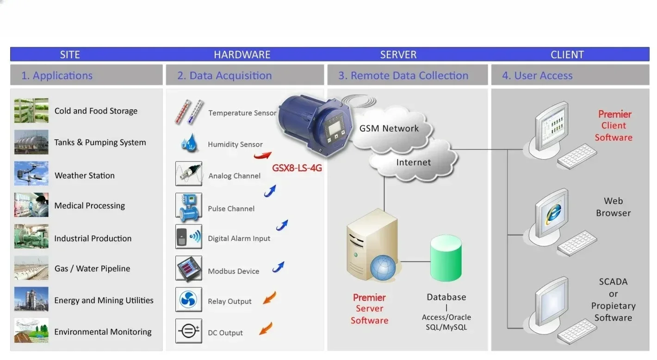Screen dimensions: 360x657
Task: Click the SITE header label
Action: pos(70,55)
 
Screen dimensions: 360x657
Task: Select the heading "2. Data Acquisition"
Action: pos(224,75)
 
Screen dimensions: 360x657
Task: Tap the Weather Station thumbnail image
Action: pos(31,174)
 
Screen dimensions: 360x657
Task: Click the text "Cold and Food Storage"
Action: pos(96,111)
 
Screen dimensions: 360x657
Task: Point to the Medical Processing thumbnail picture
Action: pos(31,205)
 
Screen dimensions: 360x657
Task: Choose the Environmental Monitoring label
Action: pos(103,332)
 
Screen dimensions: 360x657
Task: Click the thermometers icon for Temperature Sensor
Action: pos(189,112)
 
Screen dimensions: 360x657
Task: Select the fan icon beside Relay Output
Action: pos(189,300)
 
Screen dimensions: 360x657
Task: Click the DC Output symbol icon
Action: pos(189,331)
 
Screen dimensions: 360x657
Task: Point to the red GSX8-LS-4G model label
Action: pos(297,168)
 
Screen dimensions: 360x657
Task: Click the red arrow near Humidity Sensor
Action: pos(262,155)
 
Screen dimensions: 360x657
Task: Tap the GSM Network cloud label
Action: pos(389,129)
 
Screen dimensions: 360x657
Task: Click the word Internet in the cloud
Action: pos(413,162)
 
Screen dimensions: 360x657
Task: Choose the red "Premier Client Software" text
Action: pos(614,125)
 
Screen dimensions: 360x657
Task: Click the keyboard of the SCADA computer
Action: pos(577,331)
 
